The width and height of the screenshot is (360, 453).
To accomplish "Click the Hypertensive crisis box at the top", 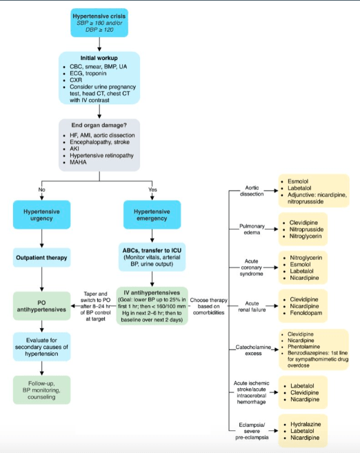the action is tap(99, 23).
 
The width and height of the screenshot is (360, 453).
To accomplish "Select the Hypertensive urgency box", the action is tap(41, 214).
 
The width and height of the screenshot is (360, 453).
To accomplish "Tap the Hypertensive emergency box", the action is tap(152, 214).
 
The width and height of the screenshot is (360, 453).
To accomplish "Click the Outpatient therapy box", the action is tap(41, 257).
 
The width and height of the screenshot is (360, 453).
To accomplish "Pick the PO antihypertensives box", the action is tap(41, 306).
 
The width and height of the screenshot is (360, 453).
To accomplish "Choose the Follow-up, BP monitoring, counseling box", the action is tap(41, 390).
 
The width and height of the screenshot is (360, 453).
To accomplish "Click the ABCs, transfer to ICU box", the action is tap(152, 256).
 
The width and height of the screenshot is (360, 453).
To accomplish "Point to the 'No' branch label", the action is tap(41, 190).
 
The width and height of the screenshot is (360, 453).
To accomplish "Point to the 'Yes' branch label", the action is tap(152, 190).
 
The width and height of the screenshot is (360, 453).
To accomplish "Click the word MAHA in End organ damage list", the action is tap(78, 162).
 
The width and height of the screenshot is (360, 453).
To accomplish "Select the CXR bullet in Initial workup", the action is tap(76, 80).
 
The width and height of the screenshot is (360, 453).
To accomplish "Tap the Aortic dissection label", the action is tap(252, 191).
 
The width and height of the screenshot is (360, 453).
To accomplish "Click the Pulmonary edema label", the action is tap(252, 229).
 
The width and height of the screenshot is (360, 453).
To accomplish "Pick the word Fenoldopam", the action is tap(306, 313).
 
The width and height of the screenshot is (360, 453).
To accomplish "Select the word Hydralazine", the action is tap(306, 424).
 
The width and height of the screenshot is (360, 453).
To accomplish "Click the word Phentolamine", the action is tap(303, 347).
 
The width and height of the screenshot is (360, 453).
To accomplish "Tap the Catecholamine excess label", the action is tap(253, 350).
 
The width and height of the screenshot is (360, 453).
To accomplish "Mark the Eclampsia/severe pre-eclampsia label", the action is tap(252, 431).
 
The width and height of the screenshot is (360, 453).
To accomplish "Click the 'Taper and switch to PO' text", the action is tap(95, 297).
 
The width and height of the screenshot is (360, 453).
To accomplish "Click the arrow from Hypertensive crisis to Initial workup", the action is tap(99, 44).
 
